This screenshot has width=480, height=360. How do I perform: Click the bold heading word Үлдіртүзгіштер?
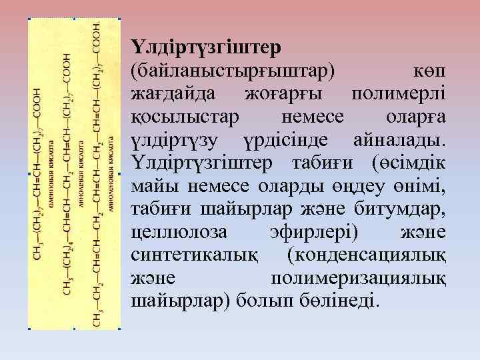pos(206,48)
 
